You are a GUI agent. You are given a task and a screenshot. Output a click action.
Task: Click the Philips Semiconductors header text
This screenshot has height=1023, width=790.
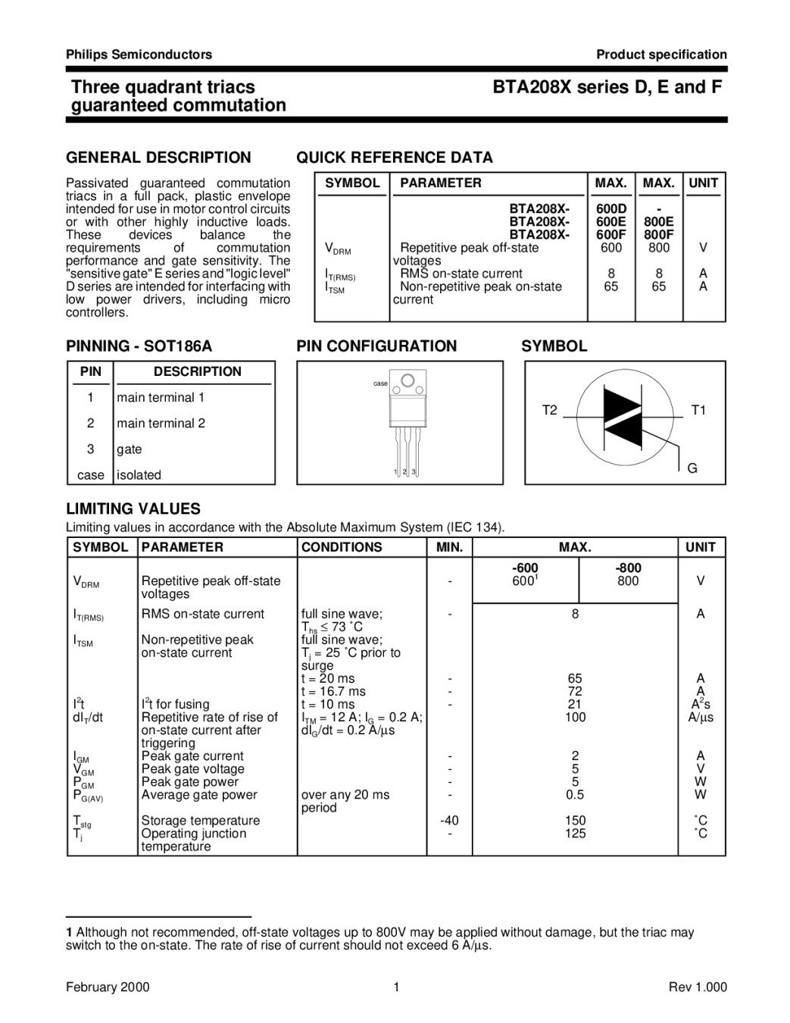[139, 55]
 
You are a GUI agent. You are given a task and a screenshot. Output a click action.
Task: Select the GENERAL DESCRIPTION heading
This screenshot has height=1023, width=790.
[158, 158]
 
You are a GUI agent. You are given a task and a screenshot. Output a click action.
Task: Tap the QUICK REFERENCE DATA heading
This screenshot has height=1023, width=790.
[394, 158]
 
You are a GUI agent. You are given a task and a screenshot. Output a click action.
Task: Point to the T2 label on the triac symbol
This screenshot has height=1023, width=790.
[549, 410]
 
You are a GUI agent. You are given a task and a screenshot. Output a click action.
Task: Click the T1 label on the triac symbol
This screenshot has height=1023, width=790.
[698, 410]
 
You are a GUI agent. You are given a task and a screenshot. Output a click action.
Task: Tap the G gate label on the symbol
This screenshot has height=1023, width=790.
[692, 468]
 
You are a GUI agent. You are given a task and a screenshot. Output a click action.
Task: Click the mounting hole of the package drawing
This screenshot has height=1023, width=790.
[407, 380]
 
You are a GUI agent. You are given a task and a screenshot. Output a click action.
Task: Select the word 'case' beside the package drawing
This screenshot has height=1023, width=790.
[380, 383]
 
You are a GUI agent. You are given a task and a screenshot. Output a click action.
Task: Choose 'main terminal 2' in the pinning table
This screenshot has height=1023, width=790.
[161, 424]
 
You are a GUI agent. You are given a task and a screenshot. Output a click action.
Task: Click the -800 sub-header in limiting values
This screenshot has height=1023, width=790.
[628, 568]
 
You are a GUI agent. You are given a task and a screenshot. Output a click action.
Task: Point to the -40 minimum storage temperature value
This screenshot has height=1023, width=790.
[449, 821]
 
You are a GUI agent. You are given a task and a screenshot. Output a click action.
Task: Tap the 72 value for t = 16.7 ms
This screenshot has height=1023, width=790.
[575, 692]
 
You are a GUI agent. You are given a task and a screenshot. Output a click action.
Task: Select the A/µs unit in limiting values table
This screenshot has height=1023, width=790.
[701, 718]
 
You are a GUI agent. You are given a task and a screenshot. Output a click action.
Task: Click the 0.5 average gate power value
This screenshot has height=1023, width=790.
[575, 795]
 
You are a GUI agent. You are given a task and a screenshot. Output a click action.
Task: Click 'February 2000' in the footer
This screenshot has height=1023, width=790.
[108, 987]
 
